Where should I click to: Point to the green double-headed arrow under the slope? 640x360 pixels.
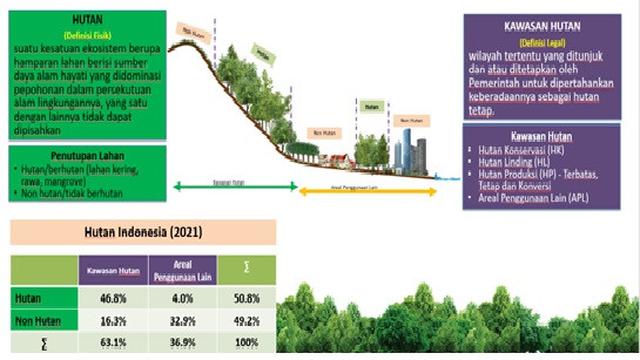pyautogui.click(x=231, y=184)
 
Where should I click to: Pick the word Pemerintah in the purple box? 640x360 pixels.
pyautogui.click(x=504, y=99)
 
